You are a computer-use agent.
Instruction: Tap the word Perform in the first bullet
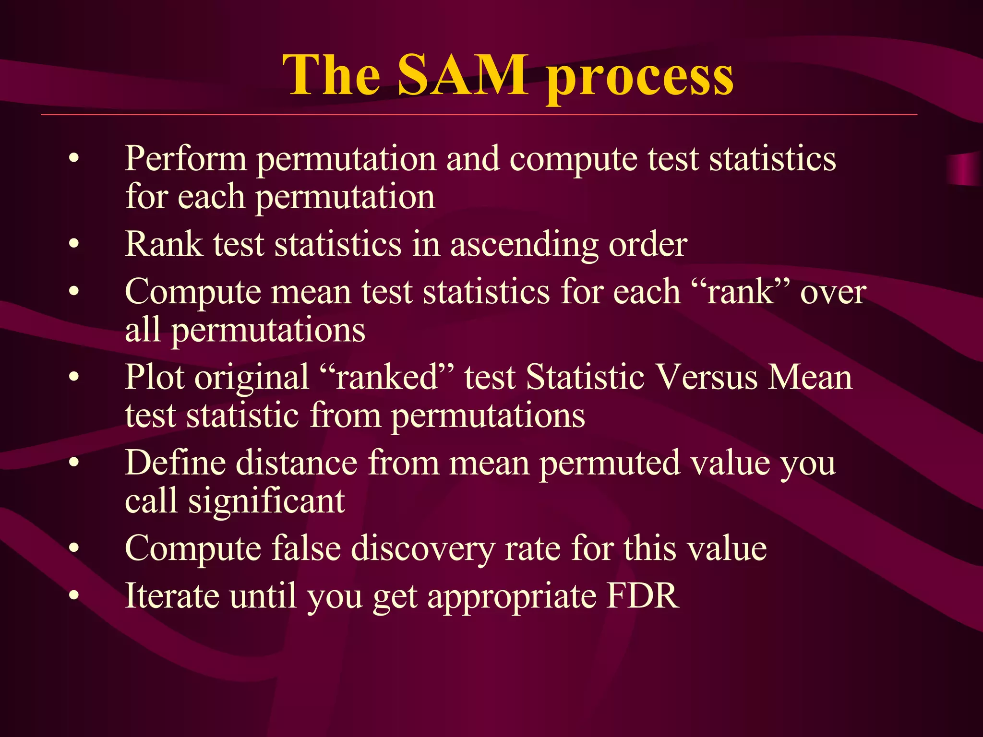[x=185, y=159]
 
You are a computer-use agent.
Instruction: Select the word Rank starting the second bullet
[x=164, y=244]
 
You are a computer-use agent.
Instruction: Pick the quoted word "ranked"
[x=386, y=377]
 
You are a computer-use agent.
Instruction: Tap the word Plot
[x=154, y=377]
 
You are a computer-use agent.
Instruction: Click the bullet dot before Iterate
[x=73, y=596]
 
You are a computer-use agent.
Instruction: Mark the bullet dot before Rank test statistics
[x=73, y=244]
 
